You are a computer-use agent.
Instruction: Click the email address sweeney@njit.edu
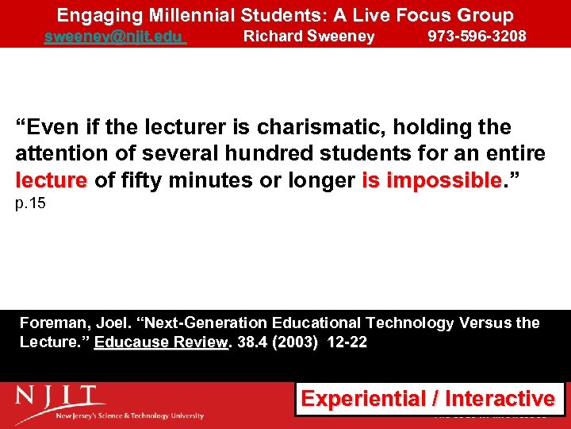click(x=114, y=37)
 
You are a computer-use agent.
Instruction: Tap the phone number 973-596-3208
click(x=477, y=37)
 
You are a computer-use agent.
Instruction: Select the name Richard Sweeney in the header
click(x=308, y=37)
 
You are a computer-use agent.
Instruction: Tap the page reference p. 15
click(x=31, y=203)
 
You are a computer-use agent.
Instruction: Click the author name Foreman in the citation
click(x=52, y=323)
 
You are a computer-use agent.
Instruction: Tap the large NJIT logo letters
click(x=59, y=396)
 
